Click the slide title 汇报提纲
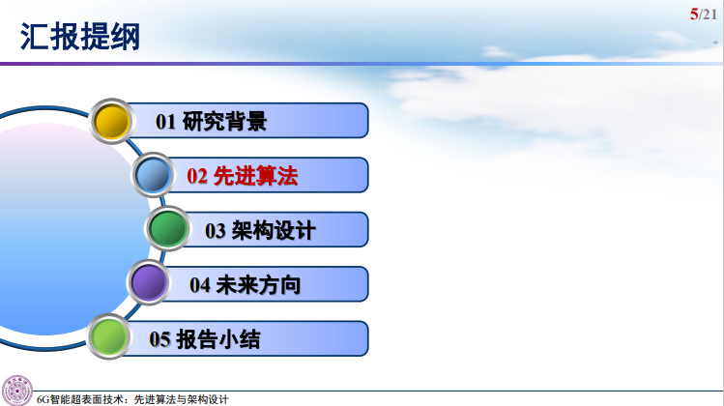(x=80, y=38)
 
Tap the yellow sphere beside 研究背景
(x=112, y=120)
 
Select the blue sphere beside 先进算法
(x=154, y=175)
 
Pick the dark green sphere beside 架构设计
(x=168, y=229)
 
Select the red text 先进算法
(x=256, y=176)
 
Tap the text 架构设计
(x=273, y=230)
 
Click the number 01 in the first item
(x=166, y=122)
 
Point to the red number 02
(x=197, y=177)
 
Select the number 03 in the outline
(x=216, y=231)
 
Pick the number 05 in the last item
(x=160, y=339)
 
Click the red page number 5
(x=693, y=14)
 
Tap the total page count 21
(x=709, y=14)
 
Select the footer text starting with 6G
(x=131, y=398)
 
